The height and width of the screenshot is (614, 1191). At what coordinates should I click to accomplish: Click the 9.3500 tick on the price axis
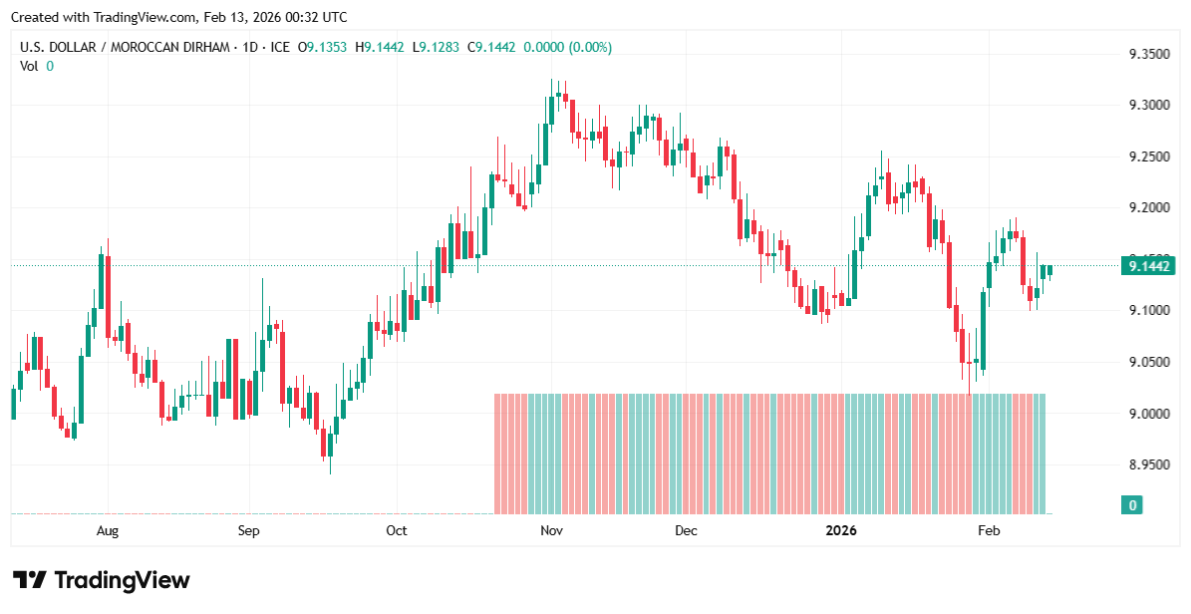tap(1148, 54)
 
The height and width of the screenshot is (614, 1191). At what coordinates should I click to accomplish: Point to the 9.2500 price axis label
tap(1148, 156)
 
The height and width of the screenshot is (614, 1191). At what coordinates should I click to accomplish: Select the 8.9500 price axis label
tap(1148, 464)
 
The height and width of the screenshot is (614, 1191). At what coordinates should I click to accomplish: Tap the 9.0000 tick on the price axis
tap(1148, 414)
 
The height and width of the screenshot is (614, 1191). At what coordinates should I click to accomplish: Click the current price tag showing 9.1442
tap(1147, 266)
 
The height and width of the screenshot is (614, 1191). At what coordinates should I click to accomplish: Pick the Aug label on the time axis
tap(108, 530)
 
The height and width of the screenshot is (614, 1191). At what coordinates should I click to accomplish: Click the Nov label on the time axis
tap(552, 530)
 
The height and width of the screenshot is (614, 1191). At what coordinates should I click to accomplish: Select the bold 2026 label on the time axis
tap(842, 530)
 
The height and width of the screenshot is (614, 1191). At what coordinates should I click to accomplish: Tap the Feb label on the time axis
tap(988, 530)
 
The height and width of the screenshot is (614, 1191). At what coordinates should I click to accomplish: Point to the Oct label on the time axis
tap(397, 530)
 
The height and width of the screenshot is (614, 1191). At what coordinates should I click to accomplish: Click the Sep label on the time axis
tap(248, 530)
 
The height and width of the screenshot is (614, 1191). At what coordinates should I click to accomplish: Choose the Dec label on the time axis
tap(686, 530)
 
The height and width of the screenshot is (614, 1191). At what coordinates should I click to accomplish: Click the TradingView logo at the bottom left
tap(101, 580)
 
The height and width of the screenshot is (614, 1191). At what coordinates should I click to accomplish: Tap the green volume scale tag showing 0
tap(1132, 505)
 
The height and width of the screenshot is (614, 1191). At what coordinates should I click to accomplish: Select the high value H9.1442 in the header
tap(384, 47)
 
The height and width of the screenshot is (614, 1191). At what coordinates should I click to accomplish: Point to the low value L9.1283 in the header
tap(440, 47)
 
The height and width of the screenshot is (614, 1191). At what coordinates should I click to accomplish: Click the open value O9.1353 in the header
tap(328, 47)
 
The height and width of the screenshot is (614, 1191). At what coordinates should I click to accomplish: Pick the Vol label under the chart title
tap(30, 66)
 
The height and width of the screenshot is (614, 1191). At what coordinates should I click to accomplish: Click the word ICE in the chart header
tap(280, 47)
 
